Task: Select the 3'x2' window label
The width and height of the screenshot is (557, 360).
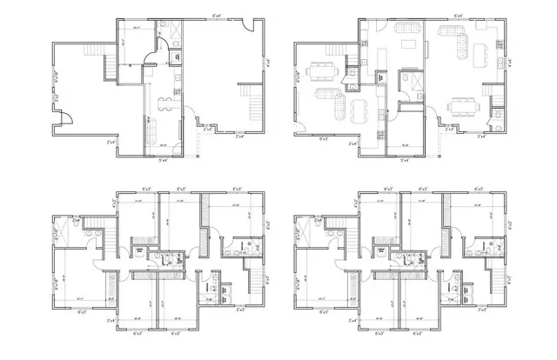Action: (53, 101)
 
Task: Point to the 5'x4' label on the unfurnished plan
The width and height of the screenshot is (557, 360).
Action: (163, 160)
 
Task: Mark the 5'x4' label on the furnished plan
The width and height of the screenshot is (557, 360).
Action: (404, 160)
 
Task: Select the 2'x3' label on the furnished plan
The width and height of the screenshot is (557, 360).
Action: (448, 129)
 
